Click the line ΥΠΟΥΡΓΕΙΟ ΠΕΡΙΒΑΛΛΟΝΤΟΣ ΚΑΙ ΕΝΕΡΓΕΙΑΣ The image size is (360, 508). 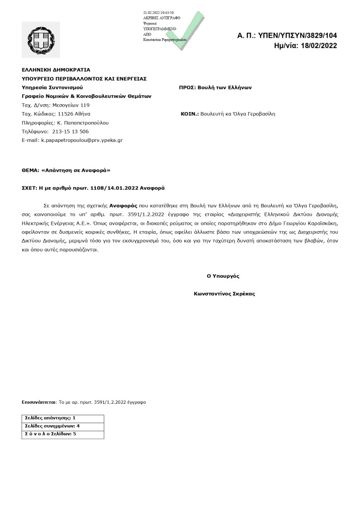(84, 78)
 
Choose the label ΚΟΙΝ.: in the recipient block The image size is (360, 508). (190, 114)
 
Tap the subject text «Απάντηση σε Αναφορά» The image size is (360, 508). (77, 170)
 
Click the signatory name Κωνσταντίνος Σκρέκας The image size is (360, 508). (224, 294)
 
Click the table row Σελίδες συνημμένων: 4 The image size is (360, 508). (52, 426)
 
